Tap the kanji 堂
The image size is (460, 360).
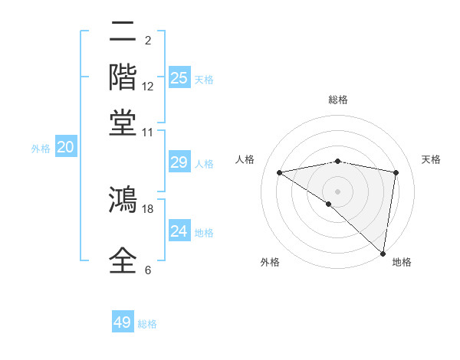tap(123, 122)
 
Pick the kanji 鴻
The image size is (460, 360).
tap(123, 201)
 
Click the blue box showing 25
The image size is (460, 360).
tap(179, 78)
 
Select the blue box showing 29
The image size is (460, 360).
tap(179, 162)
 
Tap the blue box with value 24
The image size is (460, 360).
tap(179, 231)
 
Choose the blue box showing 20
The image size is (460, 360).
tap(65, 148)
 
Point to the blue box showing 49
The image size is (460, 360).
tap(123, 322)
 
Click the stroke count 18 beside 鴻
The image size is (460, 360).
tap(148, 208)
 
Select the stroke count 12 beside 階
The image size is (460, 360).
tap(148, 86)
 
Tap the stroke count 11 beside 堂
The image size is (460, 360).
tap(148, 132)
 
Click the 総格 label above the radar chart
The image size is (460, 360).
tap(337, 100)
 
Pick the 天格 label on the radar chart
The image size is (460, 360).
tap(431, 159)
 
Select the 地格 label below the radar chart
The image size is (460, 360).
tap(402, 262)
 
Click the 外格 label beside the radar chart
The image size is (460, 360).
tap(270, 262)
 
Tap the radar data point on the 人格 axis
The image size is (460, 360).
tap(279, 172)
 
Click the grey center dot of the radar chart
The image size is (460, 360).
tap(337, 191)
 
